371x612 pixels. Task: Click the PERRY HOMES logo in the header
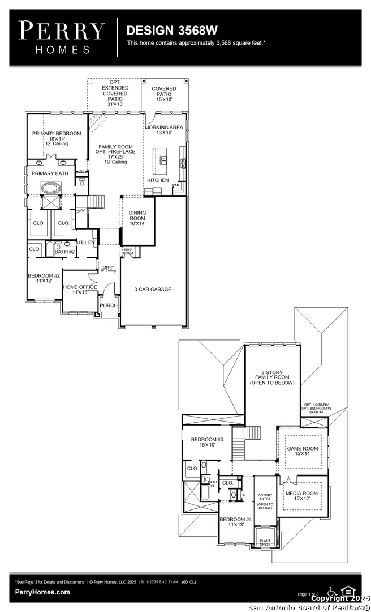(62, 37)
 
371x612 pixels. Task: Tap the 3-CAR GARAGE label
(153, 289)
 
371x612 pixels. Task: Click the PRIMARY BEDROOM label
(57, 134)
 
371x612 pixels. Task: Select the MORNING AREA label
(164, 127)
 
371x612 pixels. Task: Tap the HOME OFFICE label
(80, 287)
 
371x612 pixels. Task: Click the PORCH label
(108, 305)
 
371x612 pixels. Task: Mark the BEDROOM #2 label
(44, 277)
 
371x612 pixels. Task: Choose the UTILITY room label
(87, 243)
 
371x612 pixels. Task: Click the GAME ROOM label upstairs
(303, 448)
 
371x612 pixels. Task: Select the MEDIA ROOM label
(302, 494)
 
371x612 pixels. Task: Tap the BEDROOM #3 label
(207, 440)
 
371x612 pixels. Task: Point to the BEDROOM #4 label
(236, 520)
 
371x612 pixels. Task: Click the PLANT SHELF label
(265, 542)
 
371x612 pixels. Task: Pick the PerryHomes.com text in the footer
(44, 592)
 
